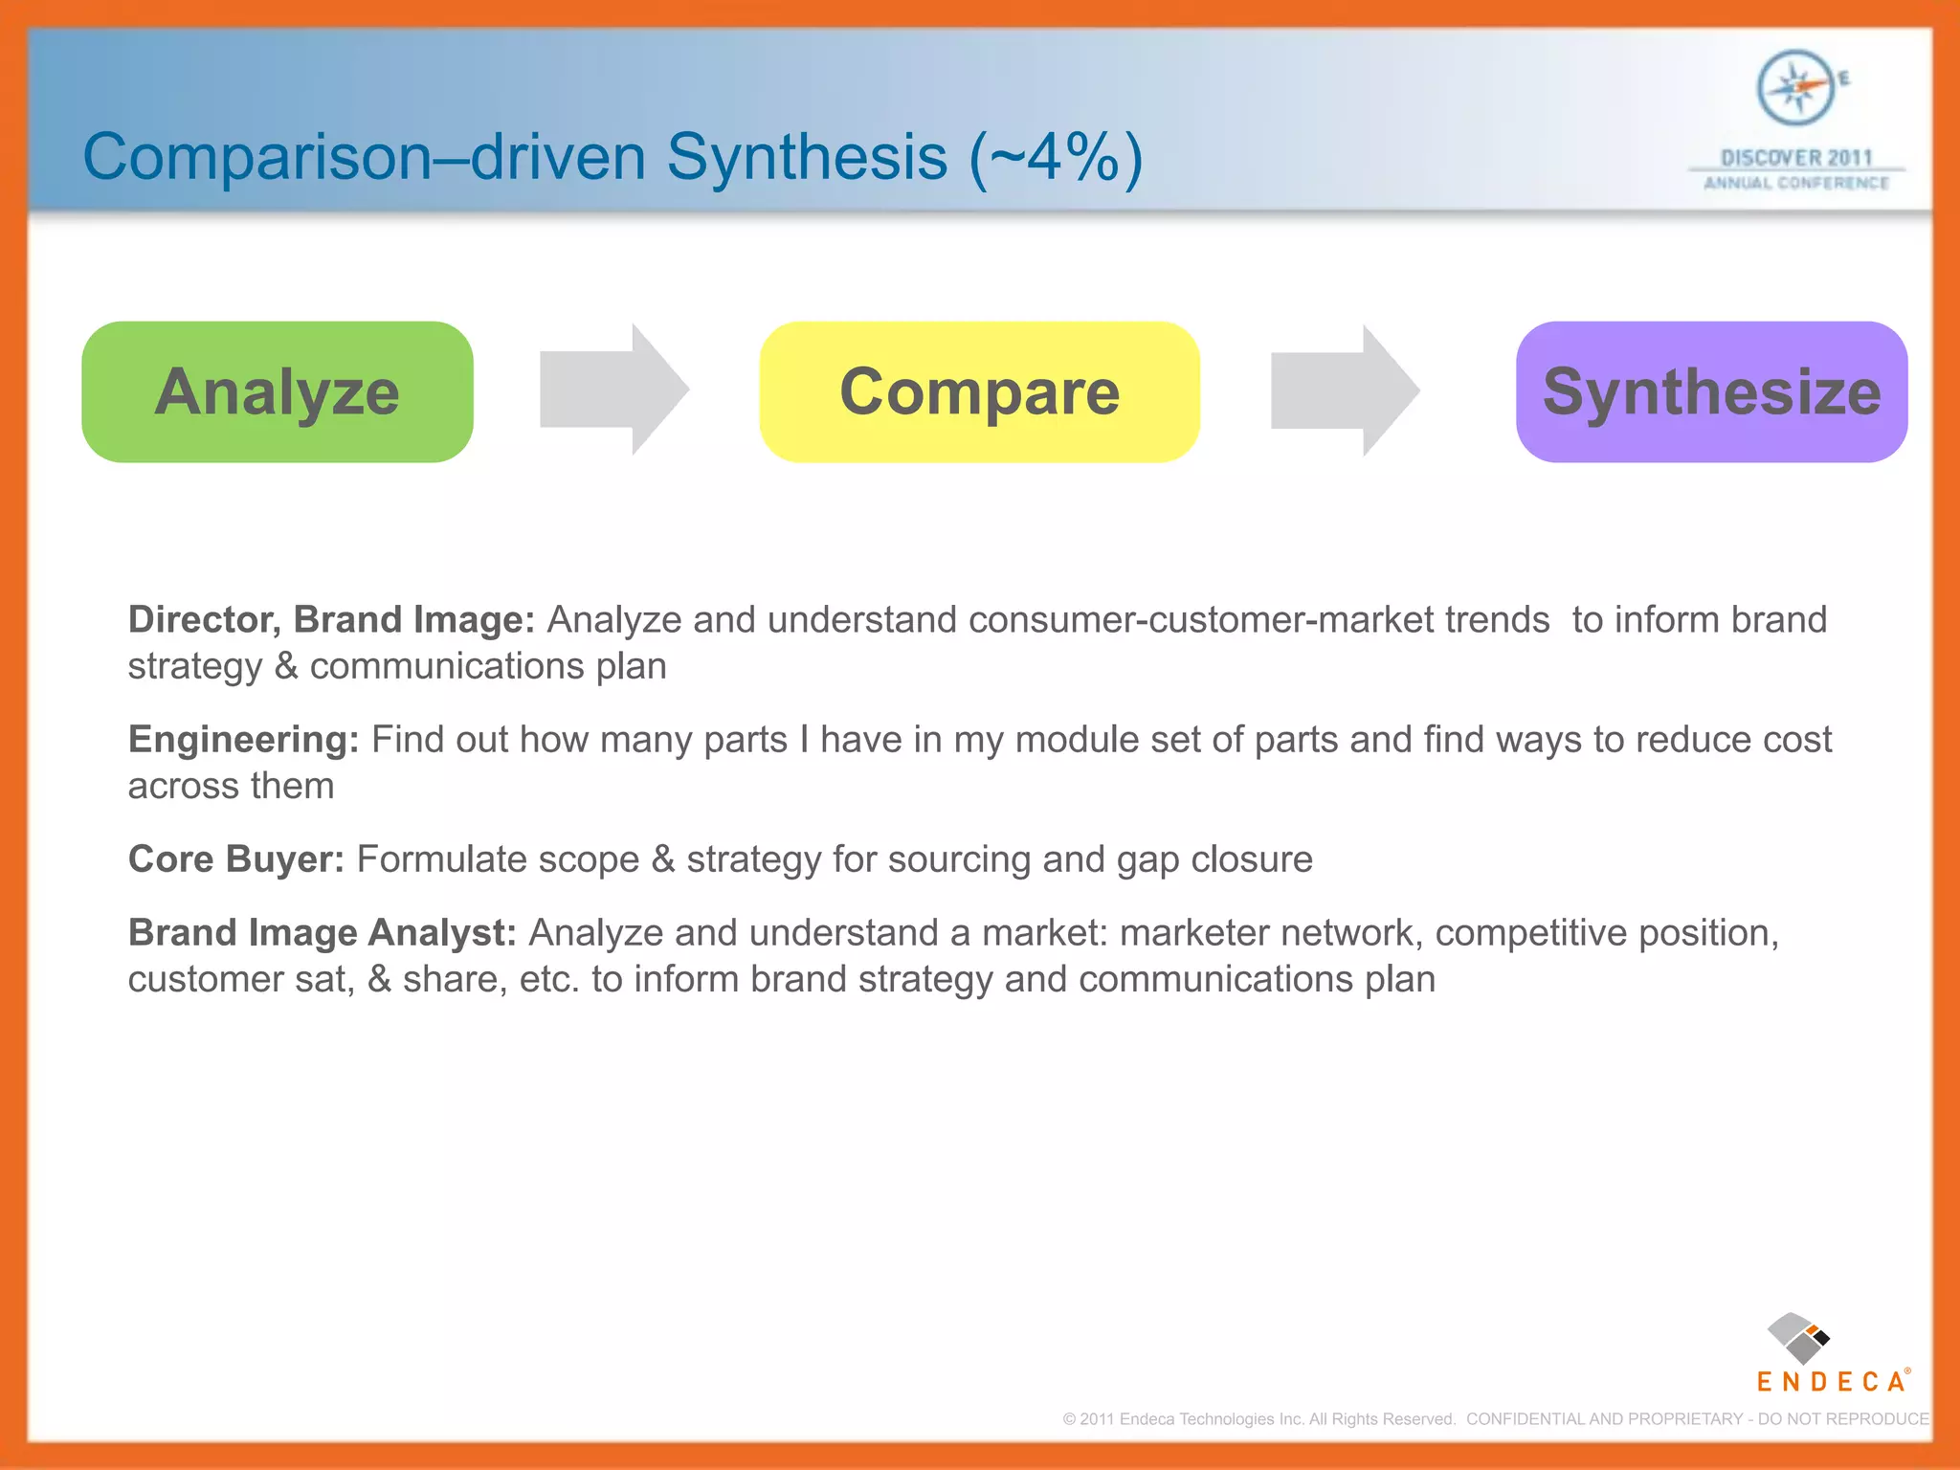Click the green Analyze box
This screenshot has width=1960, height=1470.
(x=278, y=392)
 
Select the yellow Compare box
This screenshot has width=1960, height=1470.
(x=979, y=392)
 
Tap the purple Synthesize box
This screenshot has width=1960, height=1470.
(x=1711, y=392)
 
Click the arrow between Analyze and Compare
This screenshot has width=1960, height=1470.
(x=613, y=390)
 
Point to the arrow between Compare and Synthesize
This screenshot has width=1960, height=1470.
(x=1345, y=390)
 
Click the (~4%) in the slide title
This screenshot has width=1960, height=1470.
(x=1056, y=158)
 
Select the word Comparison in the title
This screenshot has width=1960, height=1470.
(x=257, y=158)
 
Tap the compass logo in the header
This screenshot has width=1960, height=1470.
(x=1796, y=88)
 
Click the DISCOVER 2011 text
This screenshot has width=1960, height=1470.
(x=1796, y=158)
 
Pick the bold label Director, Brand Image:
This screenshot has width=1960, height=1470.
(x=331, y=620)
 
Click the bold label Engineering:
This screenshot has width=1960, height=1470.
(x=243, y=740)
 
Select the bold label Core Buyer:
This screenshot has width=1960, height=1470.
(x=235, y=859)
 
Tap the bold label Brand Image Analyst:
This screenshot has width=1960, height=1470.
(x=322, y=933)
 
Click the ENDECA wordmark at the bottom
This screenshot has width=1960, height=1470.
(x=1831, y=1382)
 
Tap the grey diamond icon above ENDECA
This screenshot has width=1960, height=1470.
(x=1797, y=1338)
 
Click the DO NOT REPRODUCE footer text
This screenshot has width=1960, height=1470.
(x=1843, y=1419)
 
